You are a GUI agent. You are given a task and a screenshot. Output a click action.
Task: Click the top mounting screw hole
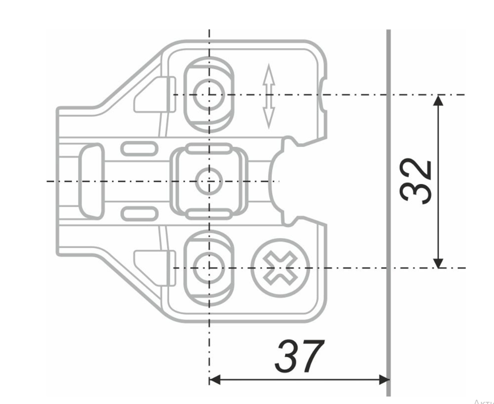pyautogui.click(x=209, y=94)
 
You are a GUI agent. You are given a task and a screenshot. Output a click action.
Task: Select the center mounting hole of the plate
pyautogui.click(x=209, y=181)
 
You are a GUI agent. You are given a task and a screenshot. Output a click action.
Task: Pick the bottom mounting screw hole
pyautogui.click(x=209, y=267)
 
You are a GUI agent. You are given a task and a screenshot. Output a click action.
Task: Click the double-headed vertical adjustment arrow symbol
pyautogui.click(x=268, y=96)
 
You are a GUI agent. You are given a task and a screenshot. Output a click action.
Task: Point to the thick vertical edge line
pyautogui.click(x=388, y=213)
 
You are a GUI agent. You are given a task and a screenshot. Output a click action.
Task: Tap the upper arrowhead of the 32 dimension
pyautogui.click(x=438, y=100)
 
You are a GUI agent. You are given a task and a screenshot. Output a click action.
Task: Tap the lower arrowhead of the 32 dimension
pyautogui.click(x=438, y=262)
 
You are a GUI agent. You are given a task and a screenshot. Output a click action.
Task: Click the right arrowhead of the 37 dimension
pyautogui.click(x=383, y=379)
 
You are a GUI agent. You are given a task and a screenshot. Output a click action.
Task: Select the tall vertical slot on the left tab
pyautogui.click(x=92, y=181)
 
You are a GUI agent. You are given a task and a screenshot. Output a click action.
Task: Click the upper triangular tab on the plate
pyautogui.click(x=152, y=96)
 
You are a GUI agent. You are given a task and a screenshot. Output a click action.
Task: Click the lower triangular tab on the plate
pyautogui.click(x=152, y=265)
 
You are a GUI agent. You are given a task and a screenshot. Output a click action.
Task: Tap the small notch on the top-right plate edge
pyautogui.click(x=322, y=95)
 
